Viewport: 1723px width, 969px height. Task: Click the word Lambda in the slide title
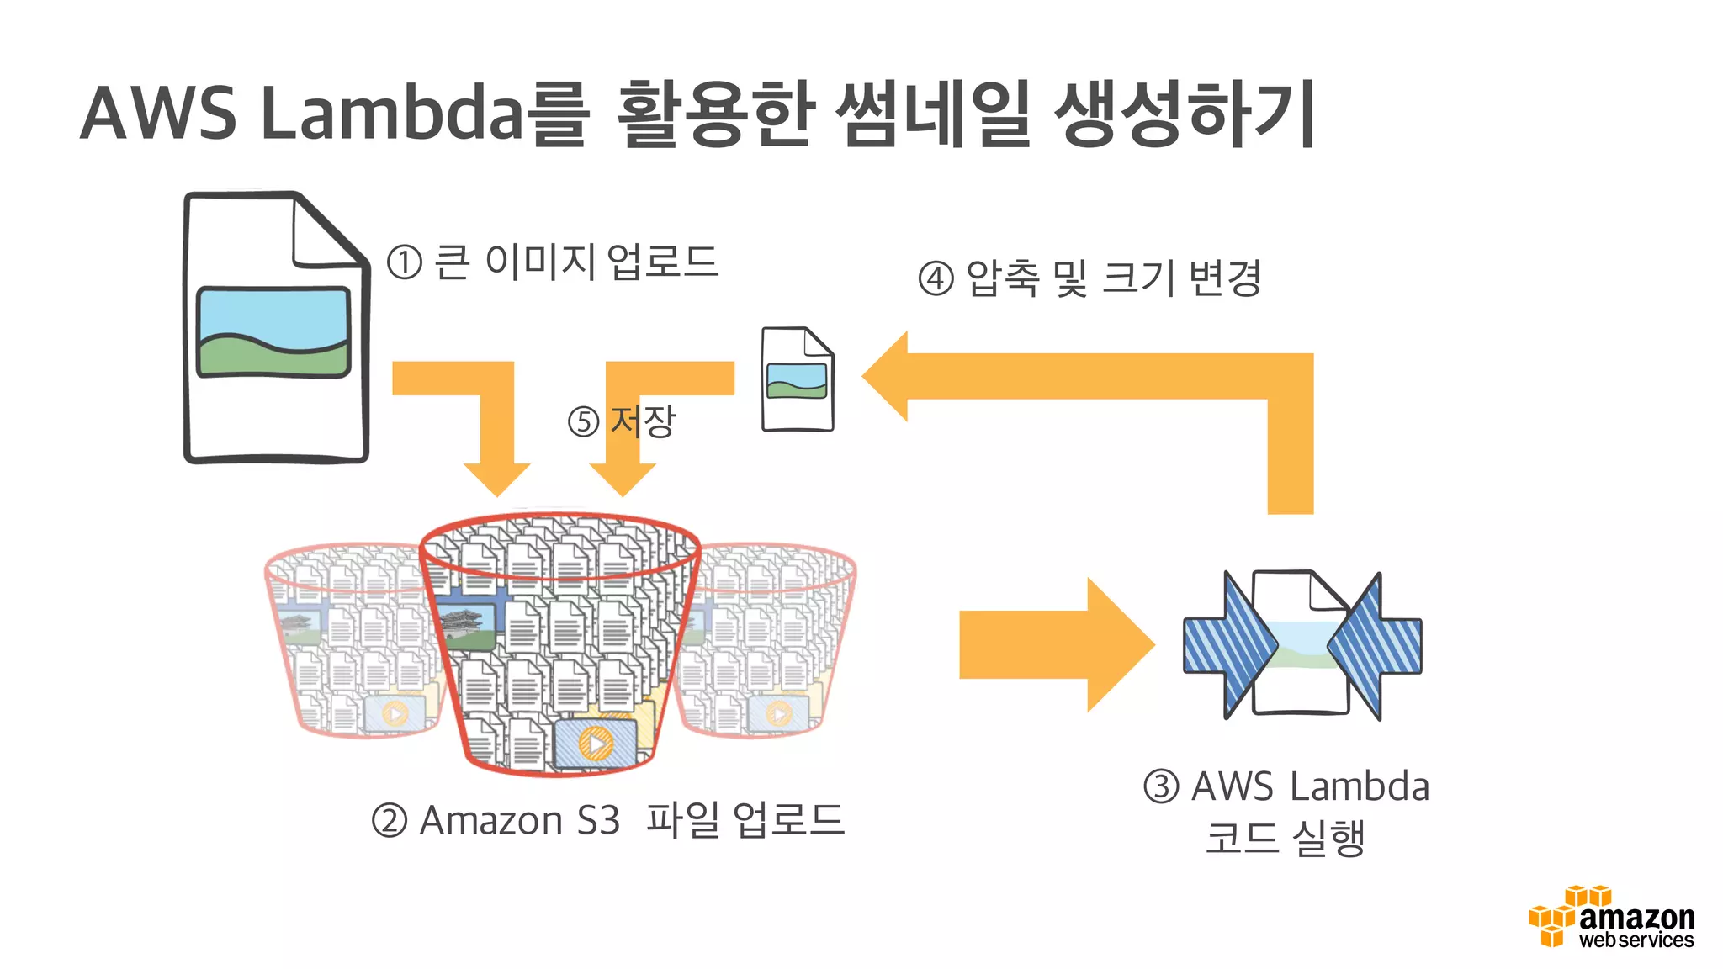pos(394,114)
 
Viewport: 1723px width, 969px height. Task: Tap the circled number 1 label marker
pos(404,262)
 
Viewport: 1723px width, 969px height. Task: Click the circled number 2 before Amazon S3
pos(390,820)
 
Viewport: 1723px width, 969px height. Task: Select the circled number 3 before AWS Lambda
pos(1161,786)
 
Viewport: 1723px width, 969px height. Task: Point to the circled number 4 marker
pos(936,278)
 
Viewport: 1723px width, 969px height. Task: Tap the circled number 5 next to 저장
pos(583,421)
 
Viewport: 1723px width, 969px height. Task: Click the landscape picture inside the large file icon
pos(273,332)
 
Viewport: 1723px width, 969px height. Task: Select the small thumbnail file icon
pos(797,379)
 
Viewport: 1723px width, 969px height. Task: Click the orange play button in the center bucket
pos(596,744)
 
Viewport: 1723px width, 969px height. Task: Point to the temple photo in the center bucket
pos(467,627)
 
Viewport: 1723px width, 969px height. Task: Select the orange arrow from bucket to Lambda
pos(1056,645)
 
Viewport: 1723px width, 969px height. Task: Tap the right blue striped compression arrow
pos(1376,645)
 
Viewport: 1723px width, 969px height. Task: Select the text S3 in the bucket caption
pos(598,820)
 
